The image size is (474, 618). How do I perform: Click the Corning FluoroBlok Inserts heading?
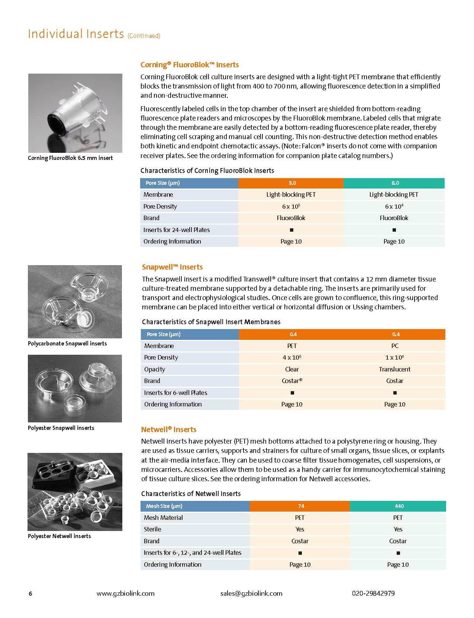click(189, 65)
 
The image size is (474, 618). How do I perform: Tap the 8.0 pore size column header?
click(395, 183)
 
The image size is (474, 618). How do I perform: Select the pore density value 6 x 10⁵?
click(291, 206)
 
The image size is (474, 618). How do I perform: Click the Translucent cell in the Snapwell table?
click(394, 369)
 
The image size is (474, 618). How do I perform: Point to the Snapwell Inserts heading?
click(172, 267)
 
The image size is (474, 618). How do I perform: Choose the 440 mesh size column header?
click(399, 506)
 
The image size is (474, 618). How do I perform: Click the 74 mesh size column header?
click(301, 506)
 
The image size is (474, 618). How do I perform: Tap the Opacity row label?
click(154, 369)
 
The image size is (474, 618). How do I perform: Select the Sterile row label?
click(152, 529)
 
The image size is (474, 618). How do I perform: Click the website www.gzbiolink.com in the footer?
click(125, 593)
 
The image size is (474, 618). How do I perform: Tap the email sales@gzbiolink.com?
click(251, 593)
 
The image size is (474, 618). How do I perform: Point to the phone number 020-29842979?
click(373, 593)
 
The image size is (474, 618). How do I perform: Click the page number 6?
click(30, 594)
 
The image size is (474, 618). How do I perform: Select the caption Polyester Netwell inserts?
click(59, 536)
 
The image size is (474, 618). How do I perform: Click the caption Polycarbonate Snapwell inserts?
click(67, 344)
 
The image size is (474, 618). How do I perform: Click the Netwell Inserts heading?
click(168, 429)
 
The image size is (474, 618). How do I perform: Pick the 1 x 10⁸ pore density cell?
click(394, 357)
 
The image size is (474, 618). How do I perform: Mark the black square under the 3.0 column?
click(291, 230)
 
